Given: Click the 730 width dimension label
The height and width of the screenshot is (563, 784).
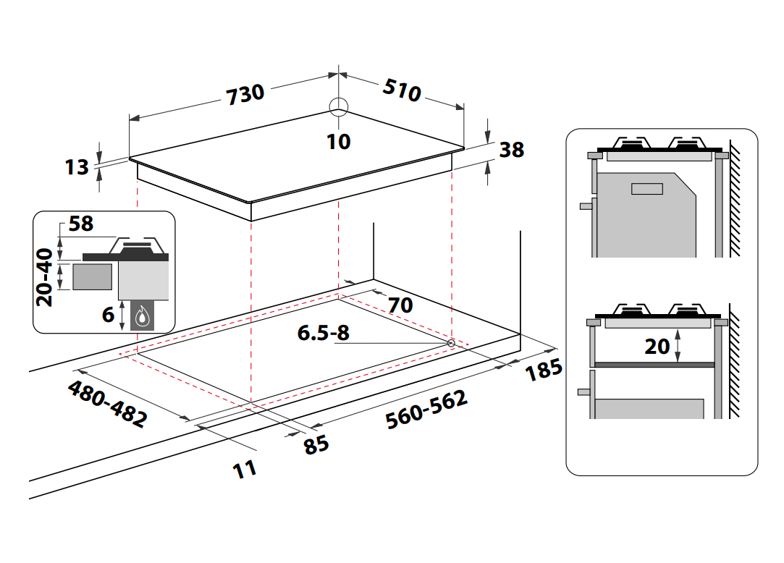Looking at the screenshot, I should point(245,94).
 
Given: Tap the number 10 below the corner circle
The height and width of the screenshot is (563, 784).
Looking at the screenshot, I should point(338,141).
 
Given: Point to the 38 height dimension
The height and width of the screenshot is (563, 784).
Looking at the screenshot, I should point(511,150).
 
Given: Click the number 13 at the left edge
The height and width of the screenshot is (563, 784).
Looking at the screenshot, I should point(76,167).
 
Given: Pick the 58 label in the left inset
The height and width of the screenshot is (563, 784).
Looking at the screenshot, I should point(81,224).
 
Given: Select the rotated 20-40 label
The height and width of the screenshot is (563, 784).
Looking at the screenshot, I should point(46,276).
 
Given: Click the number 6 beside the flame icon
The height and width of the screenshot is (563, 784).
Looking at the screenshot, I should point(108,314).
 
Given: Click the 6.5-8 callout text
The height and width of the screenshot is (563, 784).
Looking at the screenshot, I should point(323,333).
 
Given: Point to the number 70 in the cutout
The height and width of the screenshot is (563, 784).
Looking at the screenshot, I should point(400,305).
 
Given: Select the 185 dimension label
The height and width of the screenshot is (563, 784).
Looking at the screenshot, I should point(543,369).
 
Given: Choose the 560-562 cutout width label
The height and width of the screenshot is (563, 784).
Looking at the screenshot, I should point(426,409).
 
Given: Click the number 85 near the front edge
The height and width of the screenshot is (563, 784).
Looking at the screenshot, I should point(316,443).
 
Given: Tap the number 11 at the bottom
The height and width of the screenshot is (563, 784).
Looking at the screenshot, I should point(245,469).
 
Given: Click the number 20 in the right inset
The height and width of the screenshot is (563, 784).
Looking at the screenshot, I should point(657,347).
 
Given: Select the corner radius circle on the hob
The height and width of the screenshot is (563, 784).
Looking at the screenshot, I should point(339,107).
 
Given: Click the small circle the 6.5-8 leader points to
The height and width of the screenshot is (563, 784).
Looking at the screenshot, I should point(451,342).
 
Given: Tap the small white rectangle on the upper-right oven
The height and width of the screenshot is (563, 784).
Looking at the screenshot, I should point(646,189).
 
